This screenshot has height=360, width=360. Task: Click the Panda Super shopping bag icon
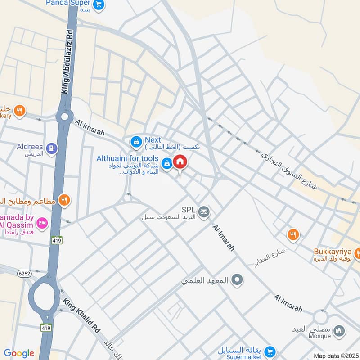(100, 5)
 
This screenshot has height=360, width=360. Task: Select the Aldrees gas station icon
(53, 147)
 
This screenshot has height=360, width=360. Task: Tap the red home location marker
(180, 162)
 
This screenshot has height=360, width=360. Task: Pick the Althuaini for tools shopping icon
(167, 164)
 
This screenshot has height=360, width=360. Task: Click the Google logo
(18, 353)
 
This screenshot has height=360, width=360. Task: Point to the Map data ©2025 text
(336, 356)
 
